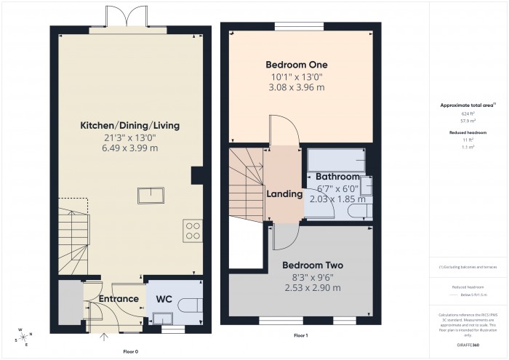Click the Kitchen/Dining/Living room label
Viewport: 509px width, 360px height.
tap(129, 126)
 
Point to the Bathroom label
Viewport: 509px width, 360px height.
tap(337, 177)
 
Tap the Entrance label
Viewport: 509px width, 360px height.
tap(119, 299)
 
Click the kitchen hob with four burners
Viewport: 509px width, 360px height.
tap(193, 231)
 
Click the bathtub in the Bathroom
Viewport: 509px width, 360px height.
tap(334, 159)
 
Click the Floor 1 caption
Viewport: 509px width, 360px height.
tap(300, 336)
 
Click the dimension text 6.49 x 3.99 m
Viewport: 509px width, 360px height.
tap(129, 148)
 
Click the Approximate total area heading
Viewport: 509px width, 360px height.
tap(468, 105)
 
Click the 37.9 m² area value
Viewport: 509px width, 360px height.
tap(468, 121)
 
